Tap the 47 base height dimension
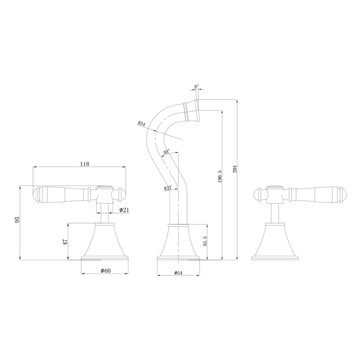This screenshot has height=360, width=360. coord(64,242)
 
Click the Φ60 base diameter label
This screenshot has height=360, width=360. coord(105,270)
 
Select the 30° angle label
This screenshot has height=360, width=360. coord(165,151)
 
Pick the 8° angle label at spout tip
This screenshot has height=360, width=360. coord(196,86)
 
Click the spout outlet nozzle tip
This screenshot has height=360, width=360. coord(192,111)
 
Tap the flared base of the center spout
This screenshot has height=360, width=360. coord(179,245)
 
